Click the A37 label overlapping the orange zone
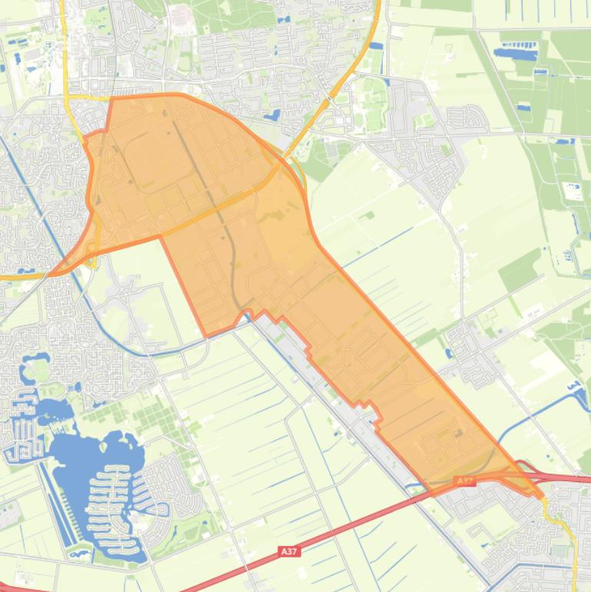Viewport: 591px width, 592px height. click(x=464, y=481)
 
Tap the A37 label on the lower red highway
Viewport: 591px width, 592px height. click(x=288, y=551)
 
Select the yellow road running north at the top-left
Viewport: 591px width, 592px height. click(x=64, y=46)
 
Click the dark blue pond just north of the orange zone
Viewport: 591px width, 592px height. click(x=273, y=116)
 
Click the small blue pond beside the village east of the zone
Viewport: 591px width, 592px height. click(x=448, y=353)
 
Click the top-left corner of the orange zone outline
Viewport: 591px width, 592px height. click(x=113, y=98)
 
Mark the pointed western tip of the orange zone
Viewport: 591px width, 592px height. click(x=51, y=273)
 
